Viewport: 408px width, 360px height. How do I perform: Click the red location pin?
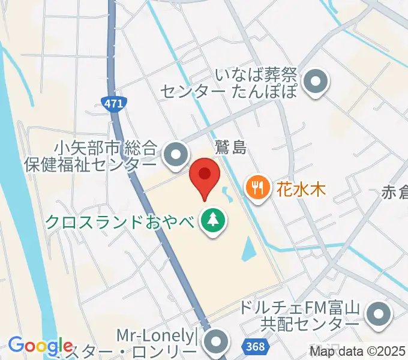(205, 176)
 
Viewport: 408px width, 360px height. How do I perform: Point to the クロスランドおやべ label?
(120, 222)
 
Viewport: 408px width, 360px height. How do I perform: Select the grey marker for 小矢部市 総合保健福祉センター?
(175, 155)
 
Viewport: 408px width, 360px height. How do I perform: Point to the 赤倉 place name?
(394, 193)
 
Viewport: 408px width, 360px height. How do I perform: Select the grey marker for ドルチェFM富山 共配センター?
(379, 316)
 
